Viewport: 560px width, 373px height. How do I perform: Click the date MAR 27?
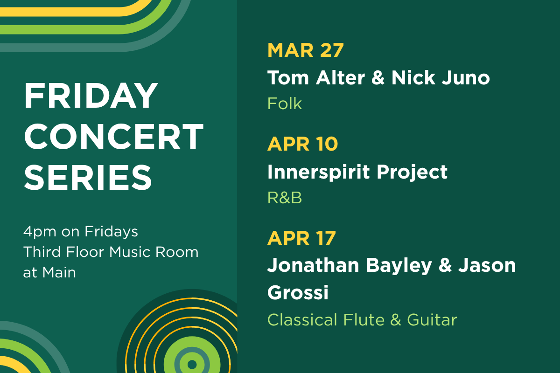coord(305,50)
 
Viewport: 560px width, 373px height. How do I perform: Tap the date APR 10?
coord(302,144)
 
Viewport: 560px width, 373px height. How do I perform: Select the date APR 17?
coord(301,238)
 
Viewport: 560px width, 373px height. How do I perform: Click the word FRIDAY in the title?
coord(91,96)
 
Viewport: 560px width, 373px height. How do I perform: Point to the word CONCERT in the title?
coord(113,136)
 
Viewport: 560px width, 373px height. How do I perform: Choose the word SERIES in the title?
coord(88,176)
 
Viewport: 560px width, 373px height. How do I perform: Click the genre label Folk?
coord(285,104)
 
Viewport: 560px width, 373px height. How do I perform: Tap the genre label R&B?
coord(285,198)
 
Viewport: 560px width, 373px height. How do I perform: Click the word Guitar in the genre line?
coord(432,320)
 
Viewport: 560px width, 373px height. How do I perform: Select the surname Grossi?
coord(298,293)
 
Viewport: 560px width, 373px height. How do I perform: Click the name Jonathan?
coord(313,265)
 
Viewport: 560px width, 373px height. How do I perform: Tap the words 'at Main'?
coord(49,272)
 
